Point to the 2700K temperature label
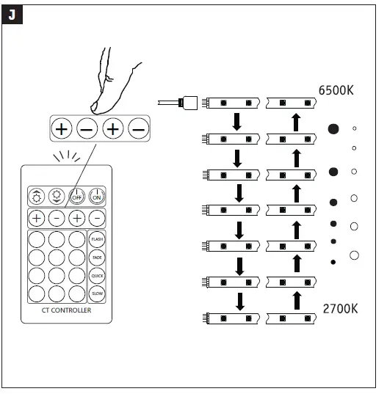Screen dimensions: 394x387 340,308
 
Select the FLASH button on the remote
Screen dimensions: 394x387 97,239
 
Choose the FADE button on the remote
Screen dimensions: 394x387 97,258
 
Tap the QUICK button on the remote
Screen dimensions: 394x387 97,275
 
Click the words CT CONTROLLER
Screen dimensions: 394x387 67,311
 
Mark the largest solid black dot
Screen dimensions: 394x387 333,129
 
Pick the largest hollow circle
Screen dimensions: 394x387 355,255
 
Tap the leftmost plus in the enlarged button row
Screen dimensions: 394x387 61,129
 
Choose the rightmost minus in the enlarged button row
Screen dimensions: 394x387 137,129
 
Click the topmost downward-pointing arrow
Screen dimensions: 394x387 236,122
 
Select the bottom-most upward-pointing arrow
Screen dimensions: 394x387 295,300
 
